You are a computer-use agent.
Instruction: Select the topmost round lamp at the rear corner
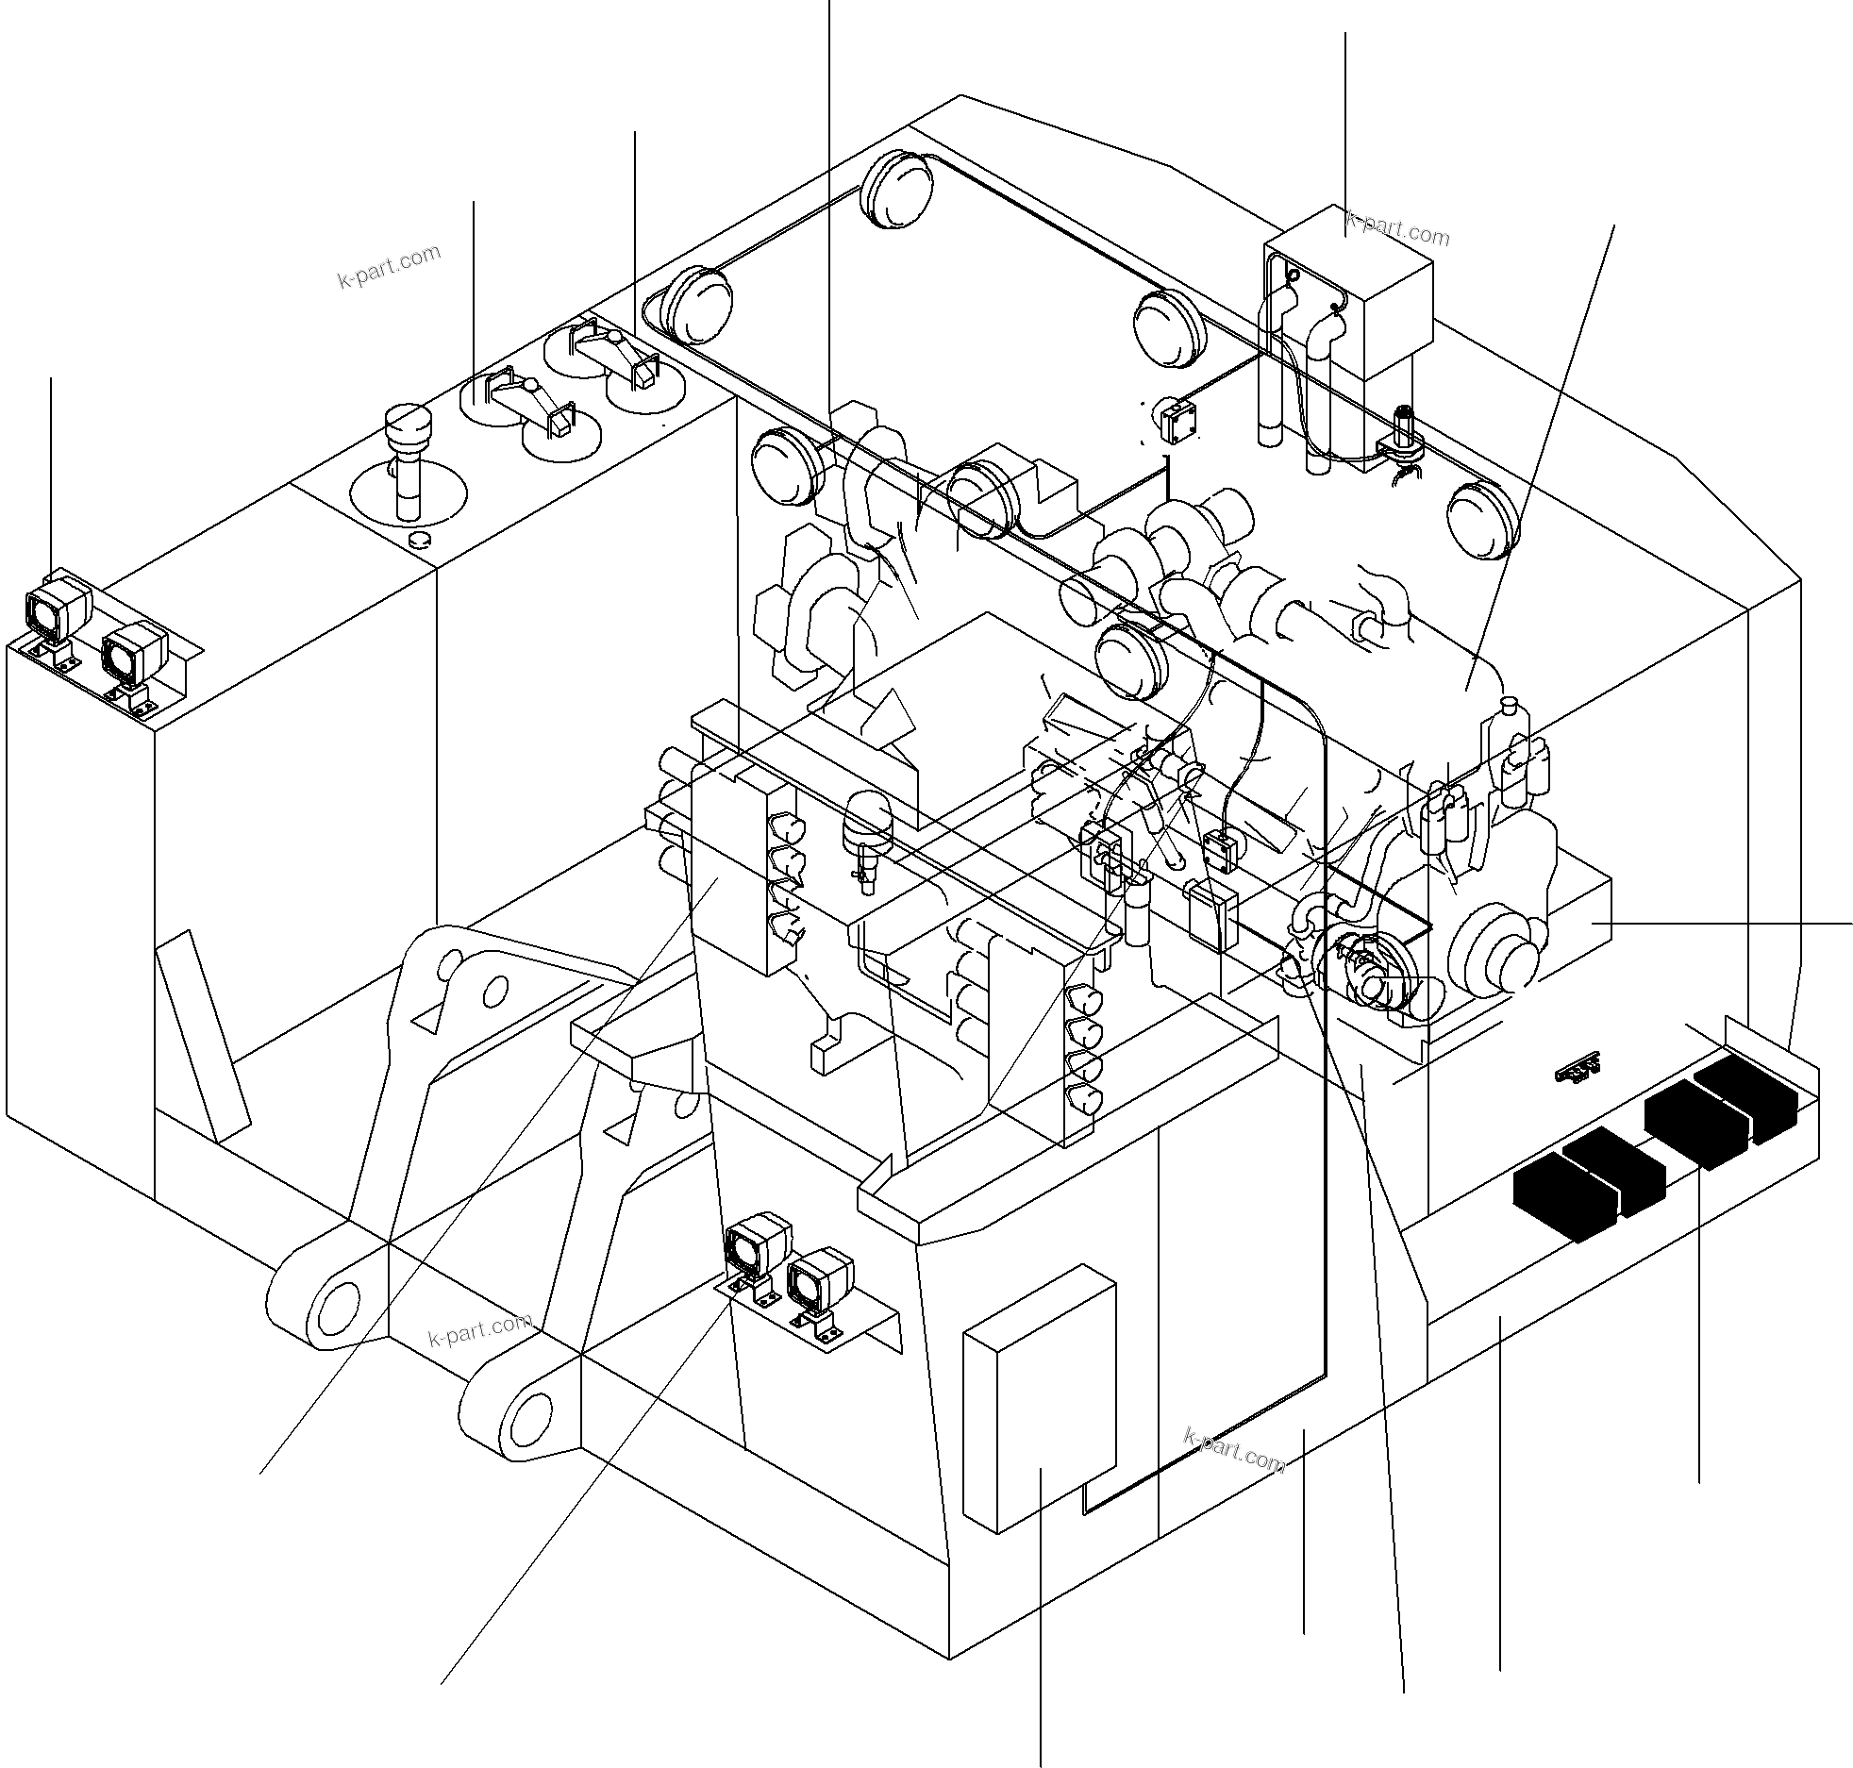[895, 189]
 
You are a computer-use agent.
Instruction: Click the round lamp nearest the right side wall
[1482, 519]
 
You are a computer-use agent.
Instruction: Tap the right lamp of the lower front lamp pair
[820, 1280]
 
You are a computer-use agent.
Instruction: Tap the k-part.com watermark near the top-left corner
[389, 266]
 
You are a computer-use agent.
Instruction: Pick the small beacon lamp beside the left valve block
[865, 821]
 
